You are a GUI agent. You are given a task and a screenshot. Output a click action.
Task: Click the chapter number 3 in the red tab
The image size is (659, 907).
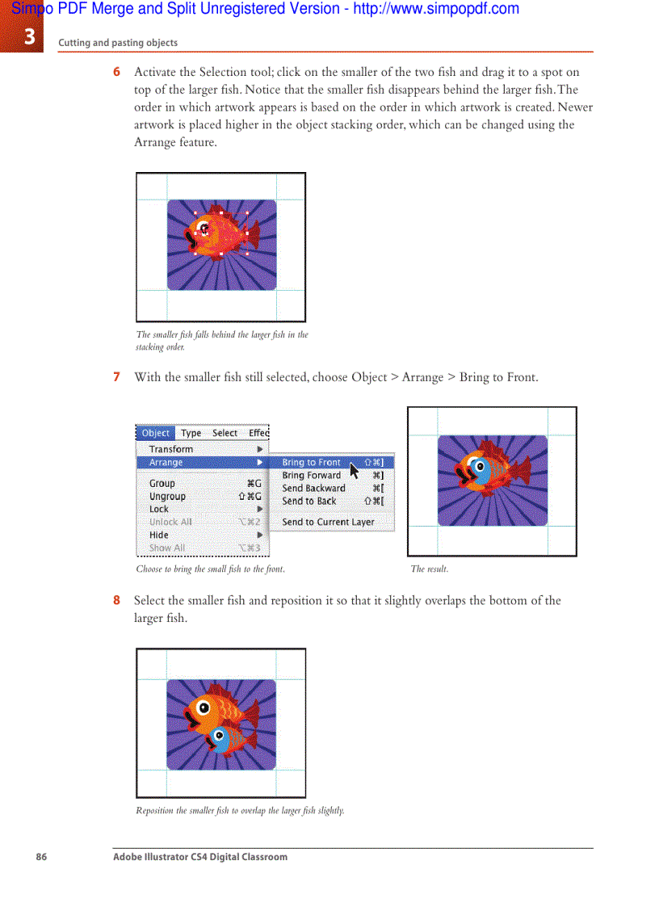pyautogui.click(x=29, y=37)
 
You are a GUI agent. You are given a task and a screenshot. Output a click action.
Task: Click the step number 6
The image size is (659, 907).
pyautogui.click(x=117, y=72)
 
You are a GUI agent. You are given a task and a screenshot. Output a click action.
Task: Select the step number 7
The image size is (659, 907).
pyautogui.click(x=117, y=377)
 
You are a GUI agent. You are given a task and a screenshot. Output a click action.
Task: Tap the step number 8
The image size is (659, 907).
pyautogui.click(x=117, y=601)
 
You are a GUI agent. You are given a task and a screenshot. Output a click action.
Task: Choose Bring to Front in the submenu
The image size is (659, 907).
pyautogui.click(x=311, y=463)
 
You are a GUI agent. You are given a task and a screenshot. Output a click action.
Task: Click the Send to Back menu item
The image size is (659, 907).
pyautogui.click(x=309, y=502)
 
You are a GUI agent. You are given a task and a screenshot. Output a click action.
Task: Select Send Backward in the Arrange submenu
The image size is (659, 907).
pyautogui.click(x=313, y=489)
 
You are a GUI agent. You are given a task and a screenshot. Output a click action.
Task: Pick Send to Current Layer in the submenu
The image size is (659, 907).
pyautogui.click(x=328, y=523)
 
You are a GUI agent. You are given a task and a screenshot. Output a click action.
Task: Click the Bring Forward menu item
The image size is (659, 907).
pyautogui.click(x=311, y=476)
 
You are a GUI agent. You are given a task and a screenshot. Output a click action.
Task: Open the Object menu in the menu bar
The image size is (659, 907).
pyautogui.click(x=155, y=433)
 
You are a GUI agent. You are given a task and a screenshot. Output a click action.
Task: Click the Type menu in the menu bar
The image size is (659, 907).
pyautogui.click(x=191, y=433)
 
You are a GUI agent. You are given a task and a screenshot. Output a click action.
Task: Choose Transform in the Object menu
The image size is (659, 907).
pyautogui.click(x=171, y=449)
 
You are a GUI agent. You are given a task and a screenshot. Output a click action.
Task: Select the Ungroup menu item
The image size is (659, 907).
pyautogui.click(x=167, y=497)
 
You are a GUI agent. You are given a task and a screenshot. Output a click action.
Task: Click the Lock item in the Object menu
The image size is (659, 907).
pyautogui.click(x=159, y=510)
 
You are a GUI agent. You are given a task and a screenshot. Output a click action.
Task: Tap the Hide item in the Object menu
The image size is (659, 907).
pyautogui.click(x=159, y=535)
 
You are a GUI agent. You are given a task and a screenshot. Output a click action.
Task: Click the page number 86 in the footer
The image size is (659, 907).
pyautogui.click(x=41, y=857)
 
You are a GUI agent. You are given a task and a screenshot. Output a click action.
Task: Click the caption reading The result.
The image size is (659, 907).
pyautogui.click(x=429, y=569)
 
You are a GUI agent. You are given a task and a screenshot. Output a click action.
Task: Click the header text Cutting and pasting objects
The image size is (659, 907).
pyautogui.click(x=118, y=43)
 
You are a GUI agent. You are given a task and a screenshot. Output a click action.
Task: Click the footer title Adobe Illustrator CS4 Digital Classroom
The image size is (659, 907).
pyautogui.click(x=199, y=857)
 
